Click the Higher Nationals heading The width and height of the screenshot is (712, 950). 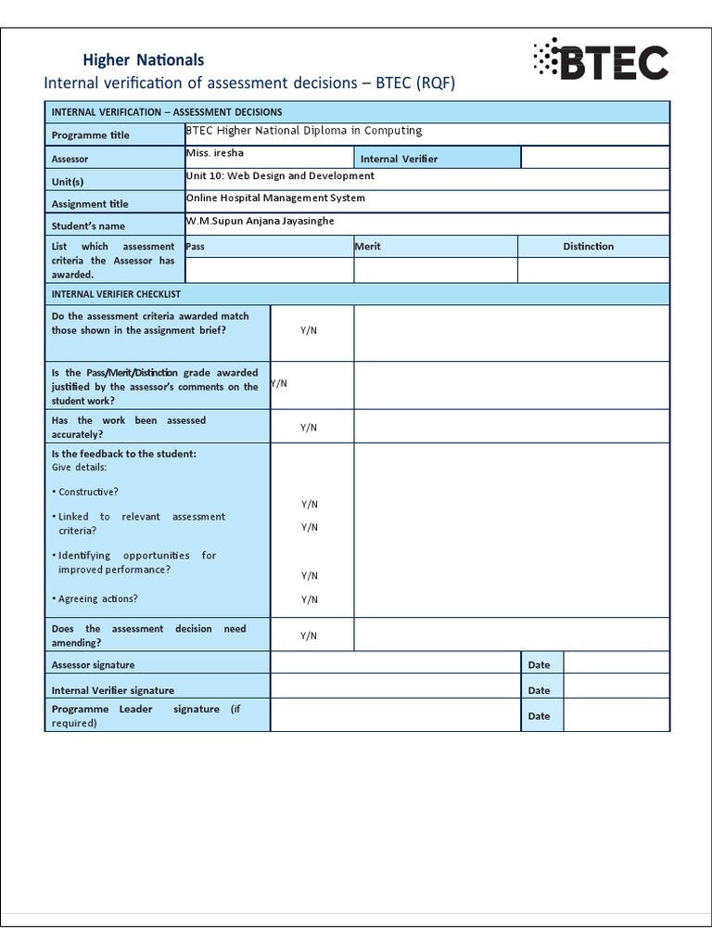[x=143, y=59]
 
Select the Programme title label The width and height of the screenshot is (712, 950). [x=91, y=135]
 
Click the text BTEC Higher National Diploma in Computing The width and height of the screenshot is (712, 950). [x=304, y=132]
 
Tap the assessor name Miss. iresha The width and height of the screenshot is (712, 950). [x=215, y=153]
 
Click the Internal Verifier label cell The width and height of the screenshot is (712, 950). [x=399, y=159]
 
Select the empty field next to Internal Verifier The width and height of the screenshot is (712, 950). [x=594, y=158]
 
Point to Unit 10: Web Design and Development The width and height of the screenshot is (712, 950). [x=280, y=175]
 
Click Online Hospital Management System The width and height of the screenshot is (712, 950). [x=275, y=198]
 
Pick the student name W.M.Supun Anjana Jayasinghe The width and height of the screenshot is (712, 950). [x=261, y=221]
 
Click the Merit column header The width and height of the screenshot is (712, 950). [x=368, y=246]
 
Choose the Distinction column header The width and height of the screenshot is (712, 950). [x=588, y=246]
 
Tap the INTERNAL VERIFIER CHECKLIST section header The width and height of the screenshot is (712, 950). [x=116, y=293]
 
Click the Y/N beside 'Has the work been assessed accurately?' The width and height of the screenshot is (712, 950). [x=309, y=427]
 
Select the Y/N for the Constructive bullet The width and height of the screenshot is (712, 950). [x=309, y=504]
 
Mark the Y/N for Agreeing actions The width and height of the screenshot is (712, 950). [x=309, y=599]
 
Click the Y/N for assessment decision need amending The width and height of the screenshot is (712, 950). [x=309, y=635]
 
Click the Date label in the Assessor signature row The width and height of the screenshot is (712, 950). [x=539, y=664]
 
